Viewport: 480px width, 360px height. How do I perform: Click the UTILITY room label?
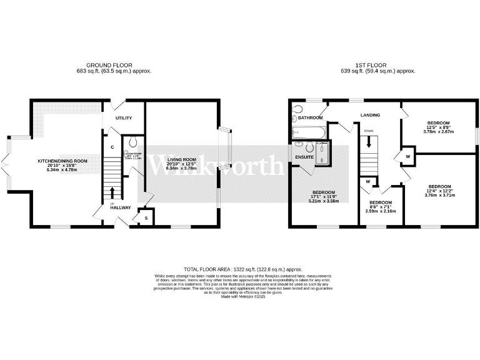(122, 117)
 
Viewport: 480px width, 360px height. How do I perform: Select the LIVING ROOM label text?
(181, 160)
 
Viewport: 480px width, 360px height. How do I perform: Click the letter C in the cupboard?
(112, 147)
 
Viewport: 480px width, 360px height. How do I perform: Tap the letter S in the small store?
(146, 217)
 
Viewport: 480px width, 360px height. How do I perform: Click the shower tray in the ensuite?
(324, 154)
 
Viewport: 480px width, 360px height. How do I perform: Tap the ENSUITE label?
(304, 157)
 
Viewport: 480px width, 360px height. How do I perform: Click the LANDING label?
(371, 115)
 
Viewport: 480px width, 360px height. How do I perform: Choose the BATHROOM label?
(310, 117)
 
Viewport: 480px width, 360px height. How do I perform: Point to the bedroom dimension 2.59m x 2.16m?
(380, 212)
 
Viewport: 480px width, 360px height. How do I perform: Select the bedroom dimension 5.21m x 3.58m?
(323, 201)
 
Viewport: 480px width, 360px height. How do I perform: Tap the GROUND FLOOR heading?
(112, 64)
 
